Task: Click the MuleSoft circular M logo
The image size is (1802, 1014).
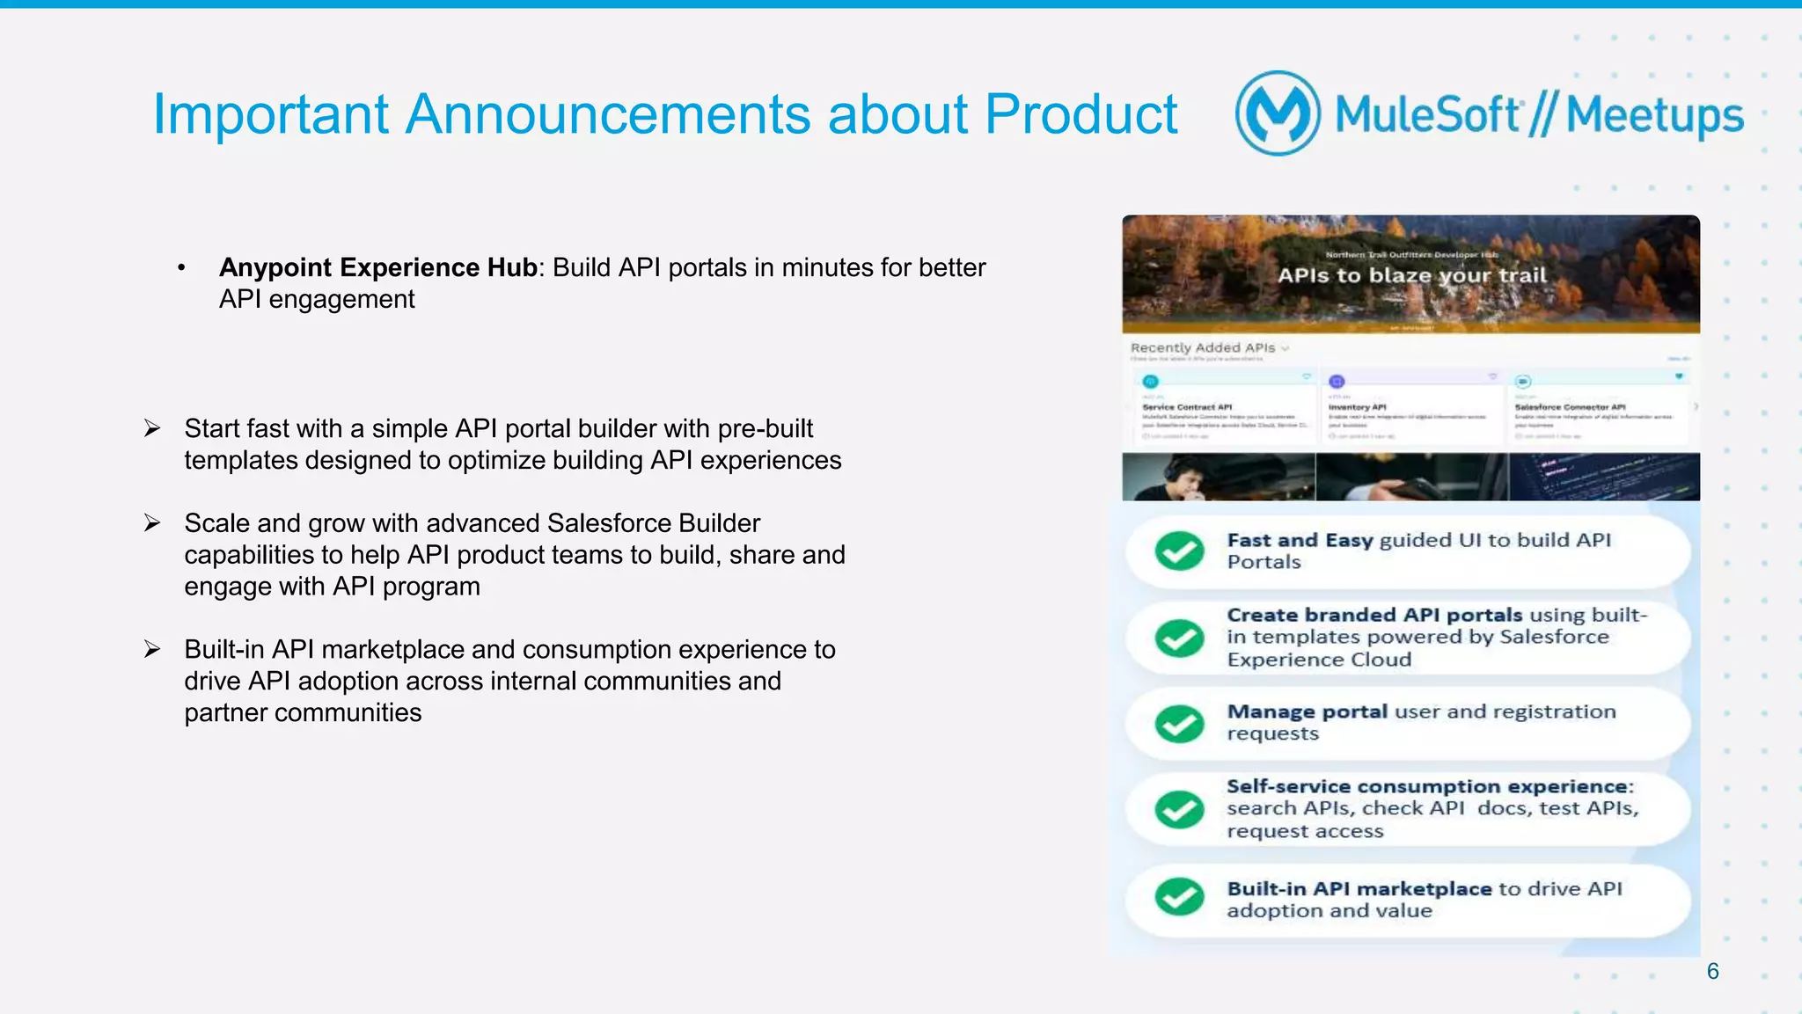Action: (1278, 113)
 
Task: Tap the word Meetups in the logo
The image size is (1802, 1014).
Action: (1654, 115)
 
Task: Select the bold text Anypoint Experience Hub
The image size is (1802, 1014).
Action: (378, 267)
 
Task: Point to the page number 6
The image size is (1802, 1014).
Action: (1712, 971)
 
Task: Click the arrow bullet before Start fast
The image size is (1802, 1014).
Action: (152, 428)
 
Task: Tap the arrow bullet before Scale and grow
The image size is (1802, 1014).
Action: (152, 523)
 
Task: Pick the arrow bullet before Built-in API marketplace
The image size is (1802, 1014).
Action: (152, 649)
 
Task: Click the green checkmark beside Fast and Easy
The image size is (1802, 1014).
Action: (1179, 551)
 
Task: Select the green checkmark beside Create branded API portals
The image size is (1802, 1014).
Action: (1179, 638)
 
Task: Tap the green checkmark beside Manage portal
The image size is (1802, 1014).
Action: (1179, 724)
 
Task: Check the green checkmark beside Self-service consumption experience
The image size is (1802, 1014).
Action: (1179, 809)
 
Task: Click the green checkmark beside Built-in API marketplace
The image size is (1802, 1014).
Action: (1179, 897)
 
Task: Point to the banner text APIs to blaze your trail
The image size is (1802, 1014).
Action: (1411, 275)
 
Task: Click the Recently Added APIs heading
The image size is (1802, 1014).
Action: (1203, 348)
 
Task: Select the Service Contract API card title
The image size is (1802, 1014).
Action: (1187, 407)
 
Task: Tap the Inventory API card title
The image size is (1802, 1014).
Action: (1357, 407)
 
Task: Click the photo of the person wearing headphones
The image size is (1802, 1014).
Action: (1218, 478)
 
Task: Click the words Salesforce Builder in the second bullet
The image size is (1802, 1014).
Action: (653, 523)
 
